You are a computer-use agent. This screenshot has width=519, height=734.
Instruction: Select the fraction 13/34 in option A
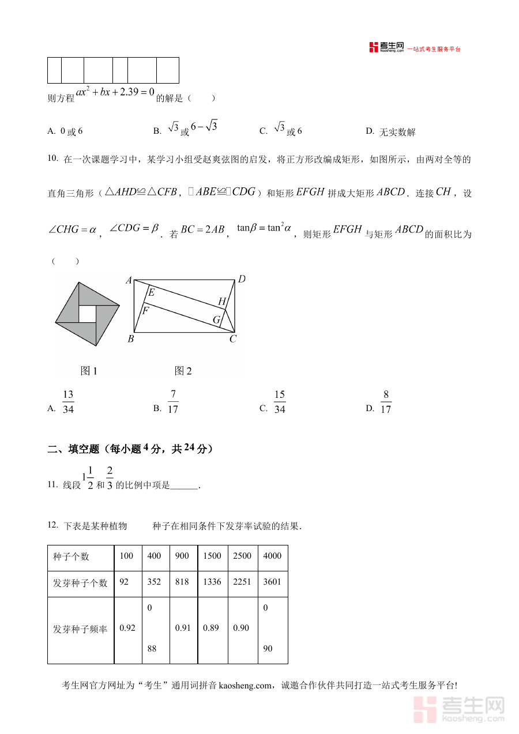(68, 402)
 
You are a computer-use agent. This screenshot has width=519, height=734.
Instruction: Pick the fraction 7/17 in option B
(172, 402)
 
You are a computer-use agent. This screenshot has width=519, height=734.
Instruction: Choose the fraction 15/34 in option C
(280, 402)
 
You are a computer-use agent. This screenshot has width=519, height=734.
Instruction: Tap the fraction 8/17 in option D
(386, 402)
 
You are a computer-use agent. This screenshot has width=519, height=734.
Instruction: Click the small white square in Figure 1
(86, 314)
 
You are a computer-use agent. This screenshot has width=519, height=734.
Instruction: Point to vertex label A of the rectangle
(129, 281)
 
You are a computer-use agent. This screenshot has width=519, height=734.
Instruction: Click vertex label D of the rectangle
(242, 280)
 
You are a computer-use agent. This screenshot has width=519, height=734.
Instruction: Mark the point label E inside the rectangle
(151, 292)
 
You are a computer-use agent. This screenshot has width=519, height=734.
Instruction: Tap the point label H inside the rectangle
(221, 302)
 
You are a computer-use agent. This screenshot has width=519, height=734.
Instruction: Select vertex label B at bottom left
(131, 339)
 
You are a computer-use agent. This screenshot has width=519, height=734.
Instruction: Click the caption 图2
(183, 371)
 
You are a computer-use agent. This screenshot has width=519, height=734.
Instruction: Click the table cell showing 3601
(272, 582)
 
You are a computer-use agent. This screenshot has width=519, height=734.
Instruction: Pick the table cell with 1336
(212, 582)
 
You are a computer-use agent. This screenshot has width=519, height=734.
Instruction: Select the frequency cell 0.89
(211, 628)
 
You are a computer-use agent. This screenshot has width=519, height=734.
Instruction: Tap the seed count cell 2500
(242, 556)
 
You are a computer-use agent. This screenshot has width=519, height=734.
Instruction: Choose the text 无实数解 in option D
(397, 132)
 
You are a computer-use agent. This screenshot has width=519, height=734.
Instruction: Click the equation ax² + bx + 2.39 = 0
(115, 92)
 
